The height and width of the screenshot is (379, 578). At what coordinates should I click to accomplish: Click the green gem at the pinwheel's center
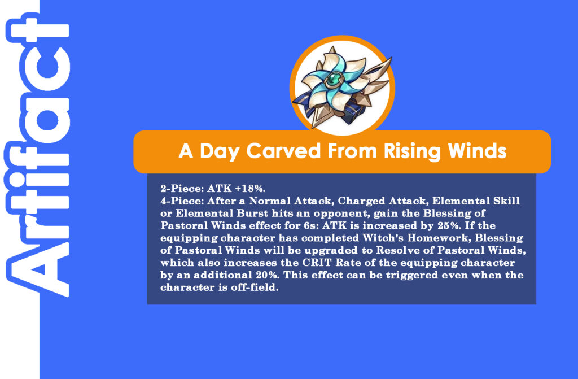pyautogui.click(x=335, y=79)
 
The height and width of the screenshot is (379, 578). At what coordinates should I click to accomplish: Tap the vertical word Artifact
pyautogui.click(x=37, y=155)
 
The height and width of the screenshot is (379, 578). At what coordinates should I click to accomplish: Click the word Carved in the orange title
pyautogui.click(x=283, y=151)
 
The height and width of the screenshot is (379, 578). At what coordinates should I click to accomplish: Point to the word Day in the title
pyautogui.click(x=220, y=152)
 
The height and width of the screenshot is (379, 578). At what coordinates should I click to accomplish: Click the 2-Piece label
pyautogui.click(x=182, y=189)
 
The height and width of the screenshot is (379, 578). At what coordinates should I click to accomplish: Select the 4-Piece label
pyautogui.click(x=182, y=201)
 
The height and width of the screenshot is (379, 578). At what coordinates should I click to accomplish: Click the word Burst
pyautogui.click(x=252, y=214)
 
